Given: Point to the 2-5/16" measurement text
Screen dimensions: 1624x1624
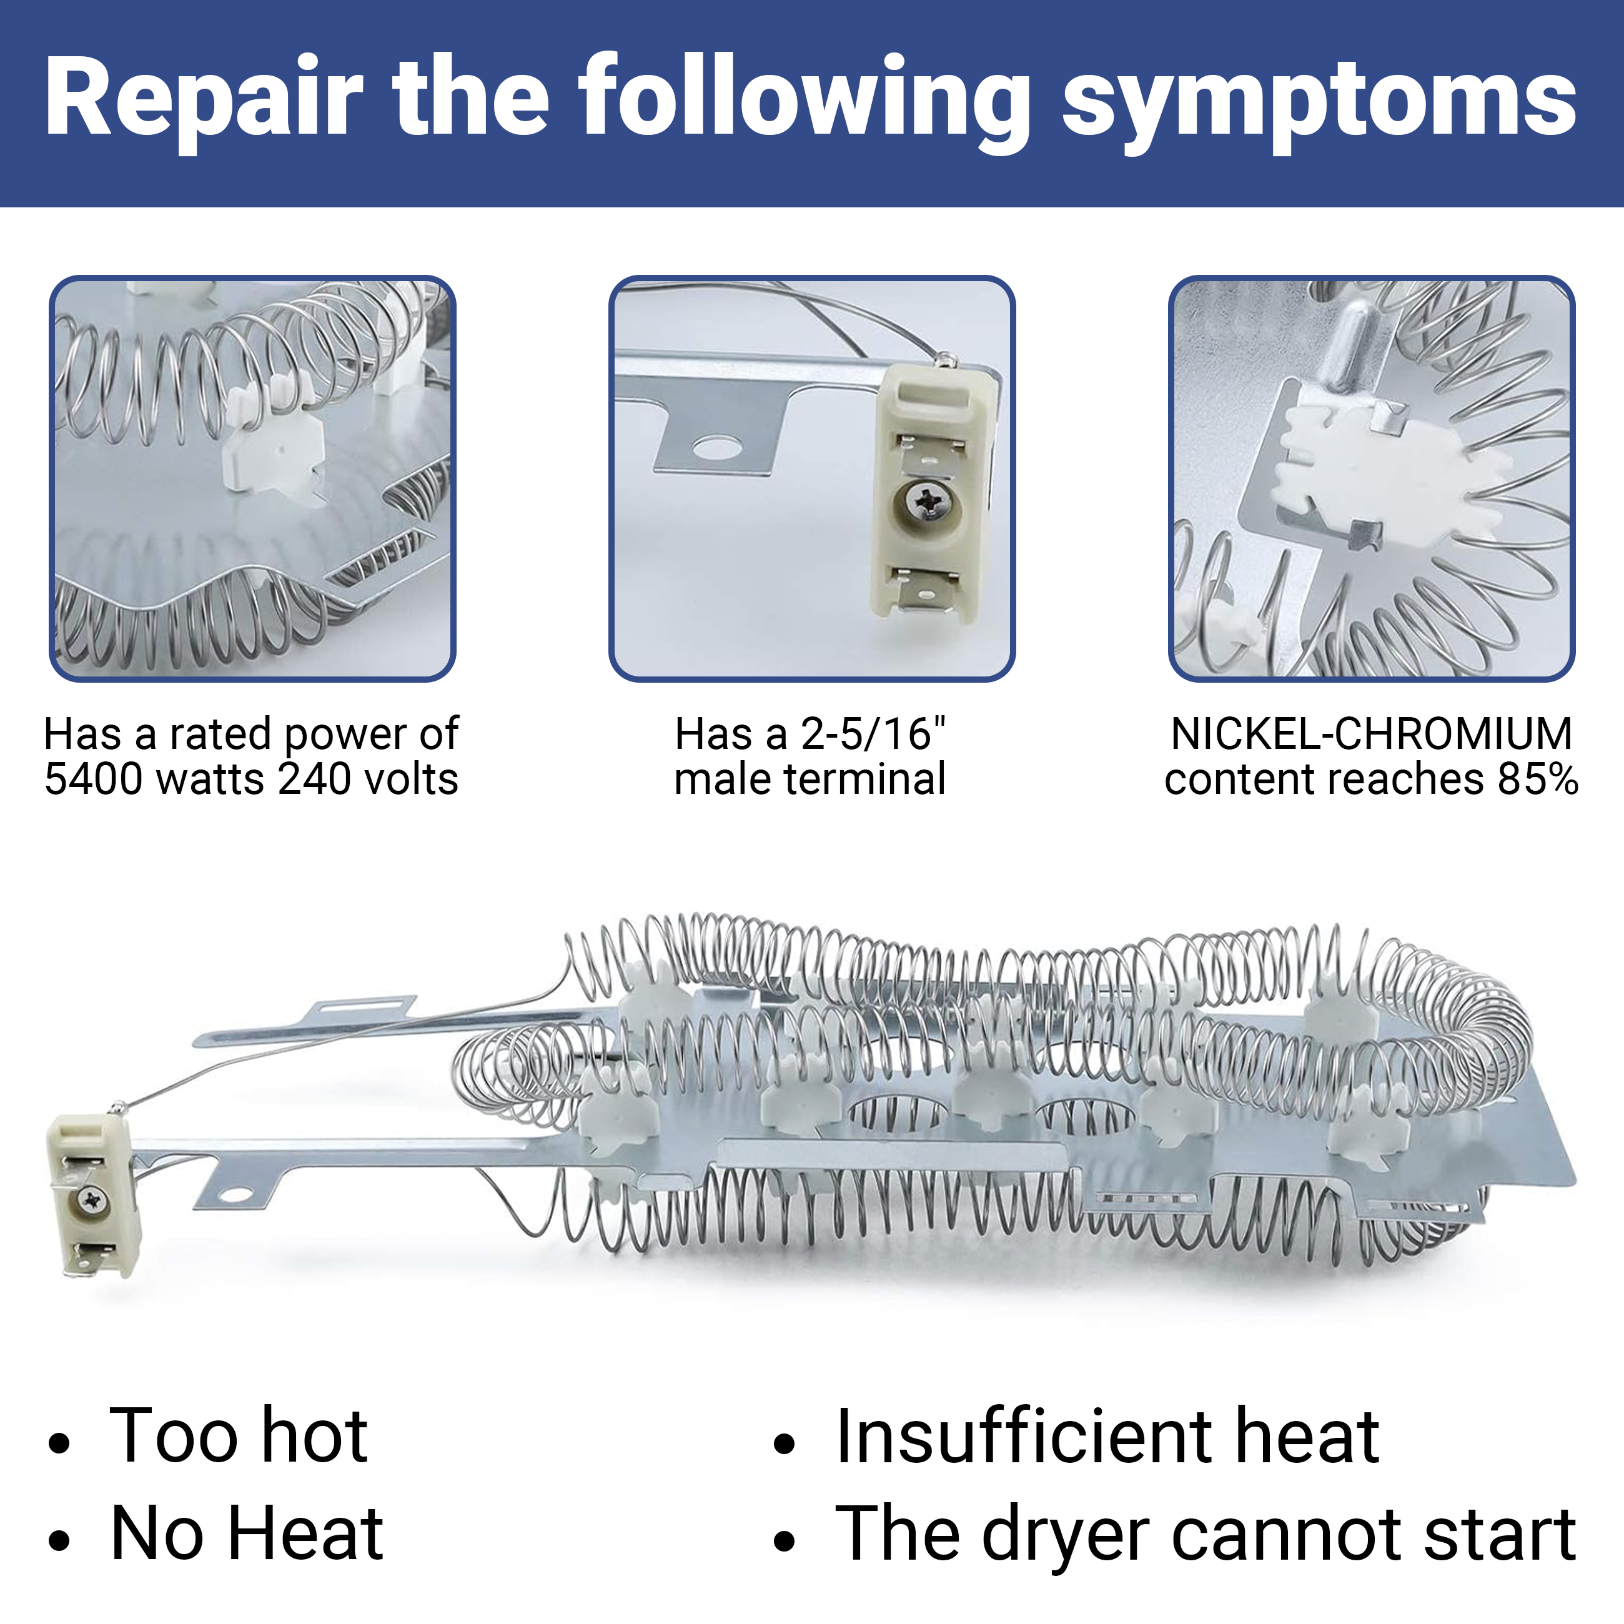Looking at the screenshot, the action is tap(873, 734).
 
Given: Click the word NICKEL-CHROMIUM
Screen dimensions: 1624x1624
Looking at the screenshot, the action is tap(1371, 734).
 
